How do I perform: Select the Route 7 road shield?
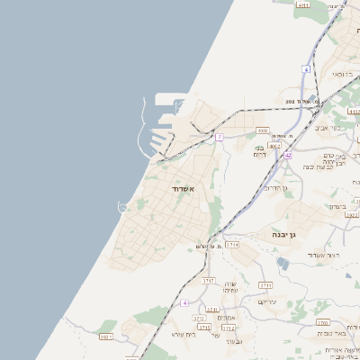coord(219,137)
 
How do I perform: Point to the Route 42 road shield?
coord(288,156)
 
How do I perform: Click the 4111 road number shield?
coord(302,5)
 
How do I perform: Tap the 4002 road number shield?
coord(274,145)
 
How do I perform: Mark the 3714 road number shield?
coord(233,244)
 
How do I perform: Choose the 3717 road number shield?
coord(210,281)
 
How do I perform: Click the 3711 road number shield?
coord(265,285)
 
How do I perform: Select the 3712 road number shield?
coord(229,328)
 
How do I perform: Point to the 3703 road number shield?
coord(322,321)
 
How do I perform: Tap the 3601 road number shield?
coord(105,337)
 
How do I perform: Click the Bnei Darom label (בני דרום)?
coord(260,152)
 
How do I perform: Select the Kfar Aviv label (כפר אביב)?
coord(328,128)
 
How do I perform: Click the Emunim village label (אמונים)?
coord(226,317)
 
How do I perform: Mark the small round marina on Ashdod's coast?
coord(121,207)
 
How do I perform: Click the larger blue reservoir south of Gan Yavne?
coord(283,263)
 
